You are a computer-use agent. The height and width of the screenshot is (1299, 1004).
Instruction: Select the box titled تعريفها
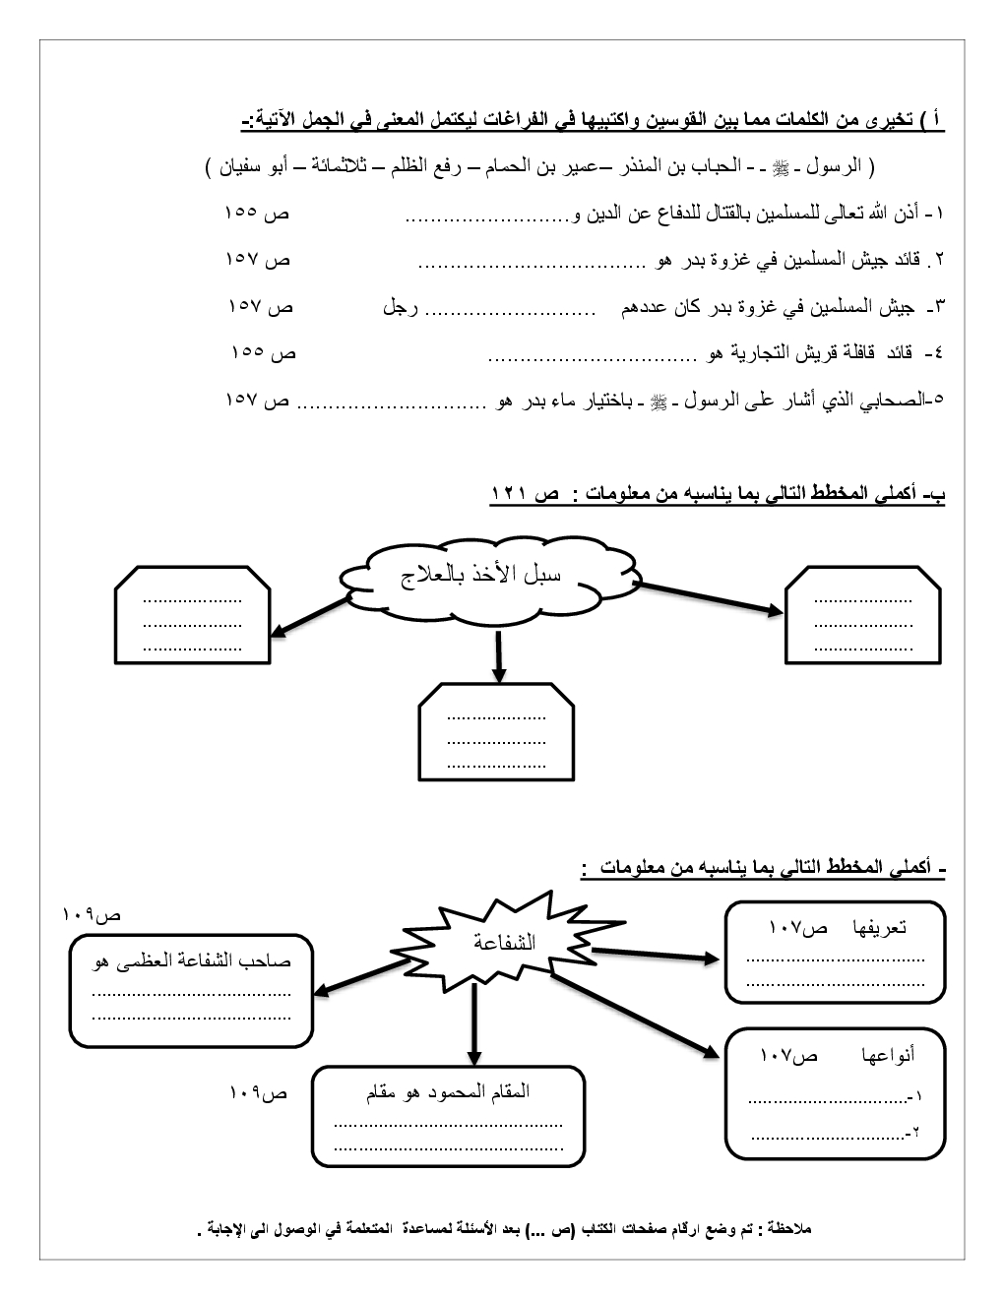[x=835, y=953]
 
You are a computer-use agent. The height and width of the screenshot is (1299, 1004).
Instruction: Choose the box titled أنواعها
[x=835, y=1092]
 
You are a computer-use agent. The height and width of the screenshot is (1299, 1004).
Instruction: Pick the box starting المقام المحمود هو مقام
[x=448, y=1117]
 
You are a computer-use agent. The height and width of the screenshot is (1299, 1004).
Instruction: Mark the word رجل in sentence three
[x=400, y=308]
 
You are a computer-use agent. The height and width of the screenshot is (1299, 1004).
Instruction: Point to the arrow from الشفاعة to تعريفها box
[x=658, y=954]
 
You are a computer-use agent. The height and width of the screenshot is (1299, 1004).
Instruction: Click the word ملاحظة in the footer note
[x=786, y=1229]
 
